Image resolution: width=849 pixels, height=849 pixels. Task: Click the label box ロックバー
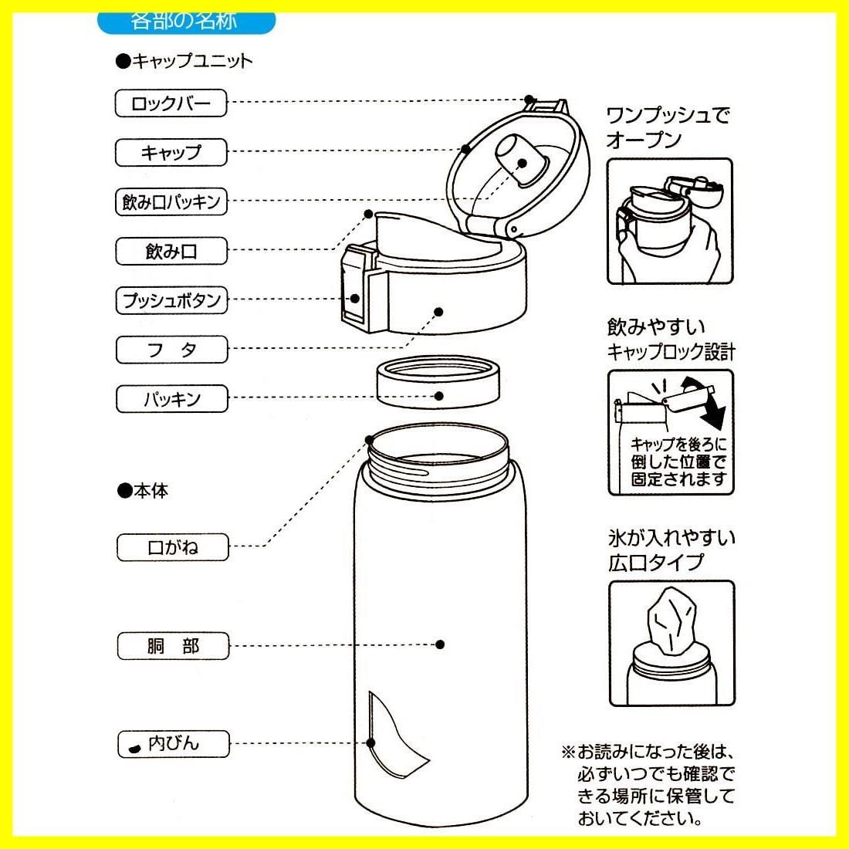point(171,103)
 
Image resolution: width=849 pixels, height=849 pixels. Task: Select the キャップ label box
point(171,152)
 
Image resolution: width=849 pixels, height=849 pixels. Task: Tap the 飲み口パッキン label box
point(171,202)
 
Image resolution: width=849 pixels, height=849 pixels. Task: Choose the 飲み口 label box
point(171,251)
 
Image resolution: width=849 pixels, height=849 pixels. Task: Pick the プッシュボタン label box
point(171,300)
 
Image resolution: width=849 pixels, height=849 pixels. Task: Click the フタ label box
point(171,350)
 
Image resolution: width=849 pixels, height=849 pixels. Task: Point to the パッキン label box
point(171,399)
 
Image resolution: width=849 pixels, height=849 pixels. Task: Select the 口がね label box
point(172,547)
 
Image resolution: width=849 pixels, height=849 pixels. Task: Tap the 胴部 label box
point(172,645)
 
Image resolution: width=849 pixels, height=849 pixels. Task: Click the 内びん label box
point(173,744)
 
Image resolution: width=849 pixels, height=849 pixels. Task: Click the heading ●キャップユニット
point(184,61)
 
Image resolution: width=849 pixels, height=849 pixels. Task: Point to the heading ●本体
point(143,491)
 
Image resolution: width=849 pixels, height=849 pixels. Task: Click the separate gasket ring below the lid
point(439,381)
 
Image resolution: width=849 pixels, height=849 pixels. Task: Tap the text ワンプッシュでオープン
point(667,127)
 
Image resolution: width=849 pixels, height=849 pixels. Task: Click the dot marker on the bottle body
point(440,644)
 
